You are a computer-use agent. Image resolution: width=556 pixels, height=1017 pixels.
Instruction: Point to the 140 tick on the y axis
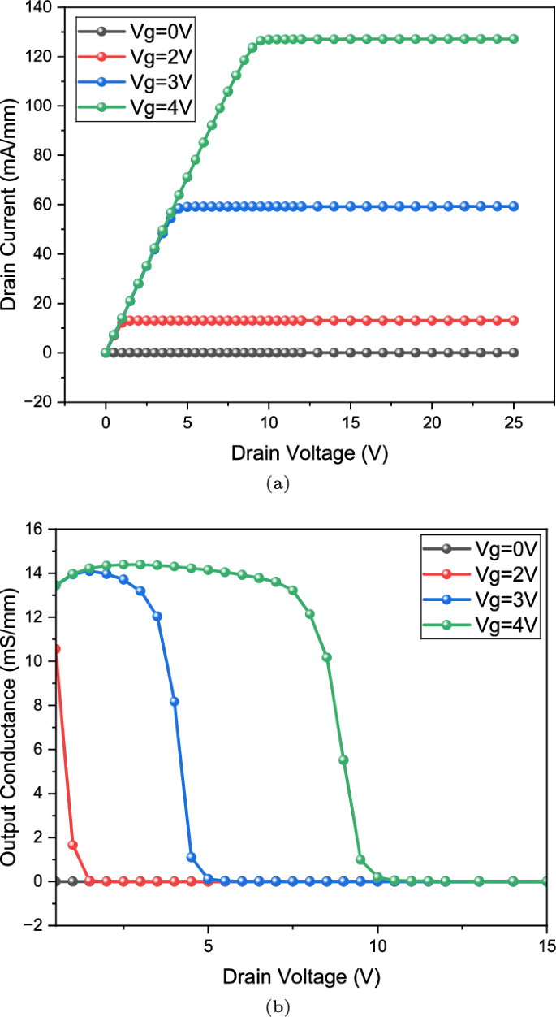[40, 7]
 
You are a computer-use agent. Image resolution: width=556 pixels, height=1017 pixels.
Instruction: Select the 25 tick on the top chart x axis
[514, 424]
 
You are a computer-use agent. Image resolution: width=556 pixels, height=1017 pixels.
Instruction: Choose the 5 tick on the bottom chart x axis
[209, 947]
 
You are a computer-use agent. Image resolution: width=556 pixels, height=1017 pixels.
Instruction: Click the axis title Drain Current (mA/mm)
[11, 205]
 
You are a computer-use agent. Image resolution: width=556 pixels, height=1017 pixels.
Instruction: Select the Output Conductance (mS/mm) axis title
[11, 727]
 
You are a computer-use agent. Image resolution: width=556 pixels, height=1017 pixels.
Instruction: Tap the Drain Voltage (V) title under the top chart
[309, 452]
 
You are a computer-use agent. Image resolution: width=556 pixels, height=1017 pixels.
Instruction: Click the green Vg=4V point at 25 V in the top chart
[513, 39]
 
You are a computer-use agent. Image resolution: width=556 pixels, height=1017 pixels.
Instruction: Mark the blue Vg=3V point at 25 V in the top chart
[513, 206]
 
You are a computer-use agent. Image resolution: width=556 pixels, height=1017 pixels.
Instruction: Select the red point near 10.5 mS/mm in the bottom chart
[56, 649]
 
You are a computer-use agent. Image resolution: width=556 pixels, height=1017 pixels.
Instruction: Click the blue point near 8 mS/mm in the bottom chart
[175, 701]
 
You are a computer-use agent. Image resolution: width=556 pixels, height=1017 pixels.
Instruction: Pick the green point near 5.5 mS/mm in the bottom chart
[343, 760]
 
